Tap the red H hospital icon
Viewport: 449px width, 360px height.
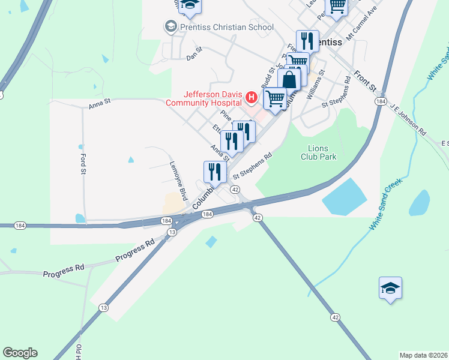point(252,97)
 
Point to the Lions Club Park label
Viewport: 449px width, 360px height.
point(318,152)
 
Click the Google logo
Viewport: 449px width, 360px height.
point(20,353)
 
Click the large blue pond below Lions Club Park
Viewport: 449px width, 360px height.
point(345,196)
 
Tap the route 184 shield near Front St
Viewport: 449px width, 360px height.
point(381,103)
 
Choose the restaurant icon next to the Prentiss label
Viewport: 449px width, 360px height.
point(307,40)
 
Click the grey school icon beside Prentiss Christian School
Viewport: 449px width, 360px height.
point(170,27)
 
